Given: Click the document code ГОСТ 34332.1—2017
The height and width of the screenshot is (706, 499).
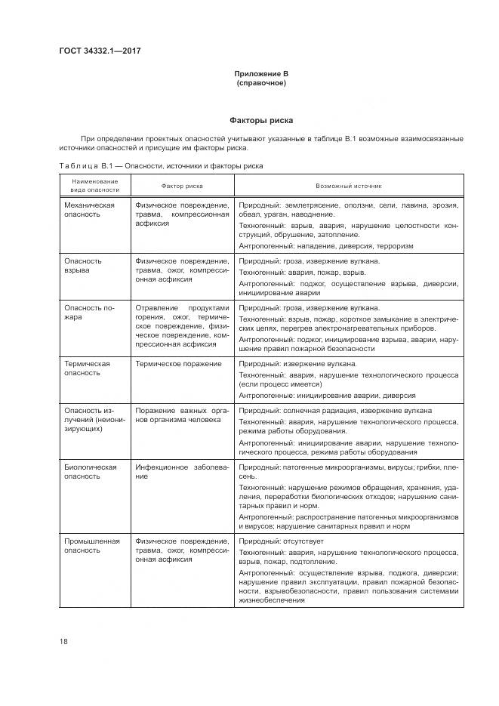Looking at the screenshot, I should pos(101,51).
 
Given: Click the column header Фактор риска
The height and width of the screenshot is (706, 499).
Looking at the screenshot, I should pos(182,186).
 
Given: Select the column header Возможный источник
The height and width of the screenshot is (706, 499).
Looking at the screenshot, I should pos(349,186).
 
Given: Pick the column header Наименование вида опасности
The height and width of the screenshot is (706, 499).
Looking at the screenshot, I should pos(95,186).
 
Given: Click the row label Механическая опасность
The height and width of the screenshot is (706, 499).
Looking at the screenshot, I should pos(90,210).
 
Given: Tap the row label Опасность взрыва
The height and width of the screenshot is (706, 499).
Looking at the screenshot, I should pos(83,266).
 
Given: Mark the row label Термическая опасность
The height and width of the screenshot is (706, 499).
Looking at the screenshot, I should pos(88,368).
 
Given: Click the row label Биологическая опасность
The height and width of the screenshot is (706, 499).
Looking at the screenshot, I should pos(91,472).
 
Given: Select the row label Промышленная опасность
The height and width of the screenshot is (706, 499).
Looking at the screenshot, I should pos(92,546).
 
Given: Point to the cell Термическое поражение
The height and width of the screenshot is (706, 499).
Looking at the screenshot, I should pos(179,364).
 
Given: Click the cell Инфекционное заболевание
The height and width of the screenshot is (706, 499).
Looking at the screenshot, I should pos(182,472).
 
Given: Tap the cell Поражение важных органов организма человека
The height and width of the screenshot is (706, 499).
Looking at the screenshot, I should pos(182,415).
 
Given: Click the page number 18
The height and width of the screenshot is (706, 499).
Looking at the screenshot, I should pos(64,642).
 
